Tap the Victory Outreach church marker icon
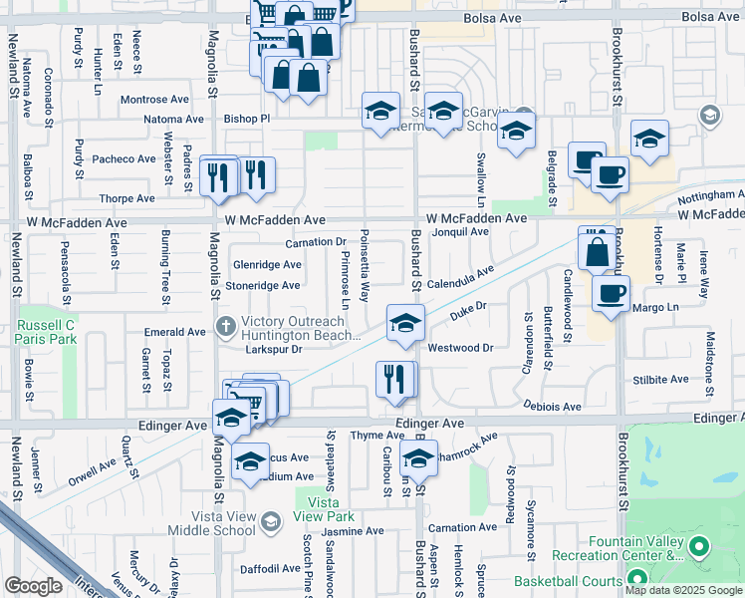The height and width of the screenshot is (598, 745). (x=226, y=325)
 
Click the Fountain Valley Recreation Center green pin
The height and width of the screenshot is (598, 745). (x=697, y=546)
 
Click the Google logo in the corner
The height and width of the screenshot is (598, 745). (x=33, y=586)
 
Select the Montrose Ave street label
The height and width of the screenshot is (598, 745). (x=154, y=100)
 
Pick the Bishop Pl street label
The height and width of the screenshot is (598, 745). (x=246, y=118)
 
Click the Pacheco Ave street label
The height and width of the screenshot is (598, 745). (x=124, y=158)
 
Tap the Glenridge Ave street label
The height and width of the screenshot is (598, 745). (x=267, y=264)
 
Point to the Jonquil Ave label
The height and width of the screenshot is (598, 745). (x=460, y=231)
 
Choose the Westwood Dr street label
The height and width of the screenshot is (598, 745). (x=460, y=348)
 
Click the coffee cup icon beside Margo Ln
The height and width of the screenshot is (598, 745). (x=612, y=294)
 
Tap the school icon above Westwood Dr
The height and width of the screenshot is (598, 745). (x=405, y=324)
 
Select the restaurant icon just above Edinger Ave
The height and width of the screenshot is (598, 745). (x=395, y=379)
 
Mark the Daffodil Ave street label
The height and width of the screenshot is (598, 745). (x=270, y=568)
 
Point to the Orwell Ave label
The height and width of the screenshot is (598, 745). (x=93, y=470)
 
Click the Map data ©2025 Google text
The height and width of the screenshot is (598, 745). (x=684, y=590)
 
